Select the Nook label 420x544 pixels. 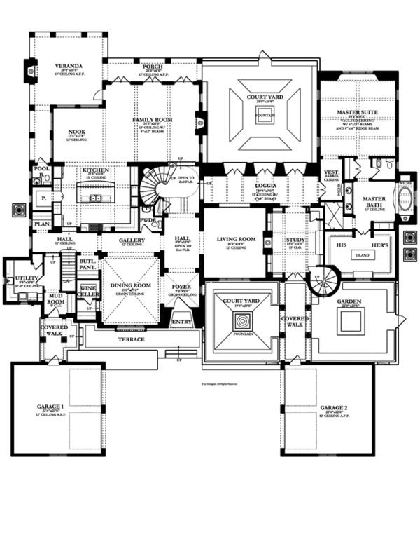[x=78, y=131]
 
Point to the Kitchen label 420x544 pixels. [x=94, y=170]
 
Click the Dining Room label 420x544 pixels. [x=131, y=286]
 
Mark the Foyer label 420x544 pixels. [x=182, y=286]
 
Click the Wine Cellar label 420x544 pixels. [x=87, y=290]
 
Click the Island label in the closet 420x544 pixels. [x=362, y=255]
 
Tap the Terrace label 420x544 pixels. [x=131, y=339]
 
